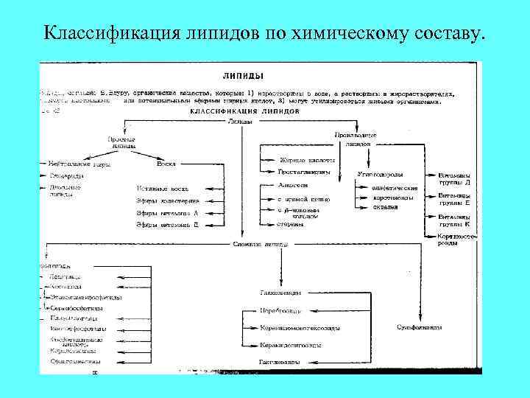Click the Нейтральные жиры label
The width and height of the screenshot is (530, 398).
pyautogui.click(x=79, y=164)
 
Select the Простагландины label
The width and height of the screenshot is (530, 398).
pyautogui.click(x=303, y=172)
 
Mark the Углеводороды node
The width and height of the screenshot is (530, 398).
pyautogui.click(x=380, y=175)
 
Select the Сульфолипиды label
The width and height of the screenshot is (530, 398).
pyautogui.click(x=420, y=325)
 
